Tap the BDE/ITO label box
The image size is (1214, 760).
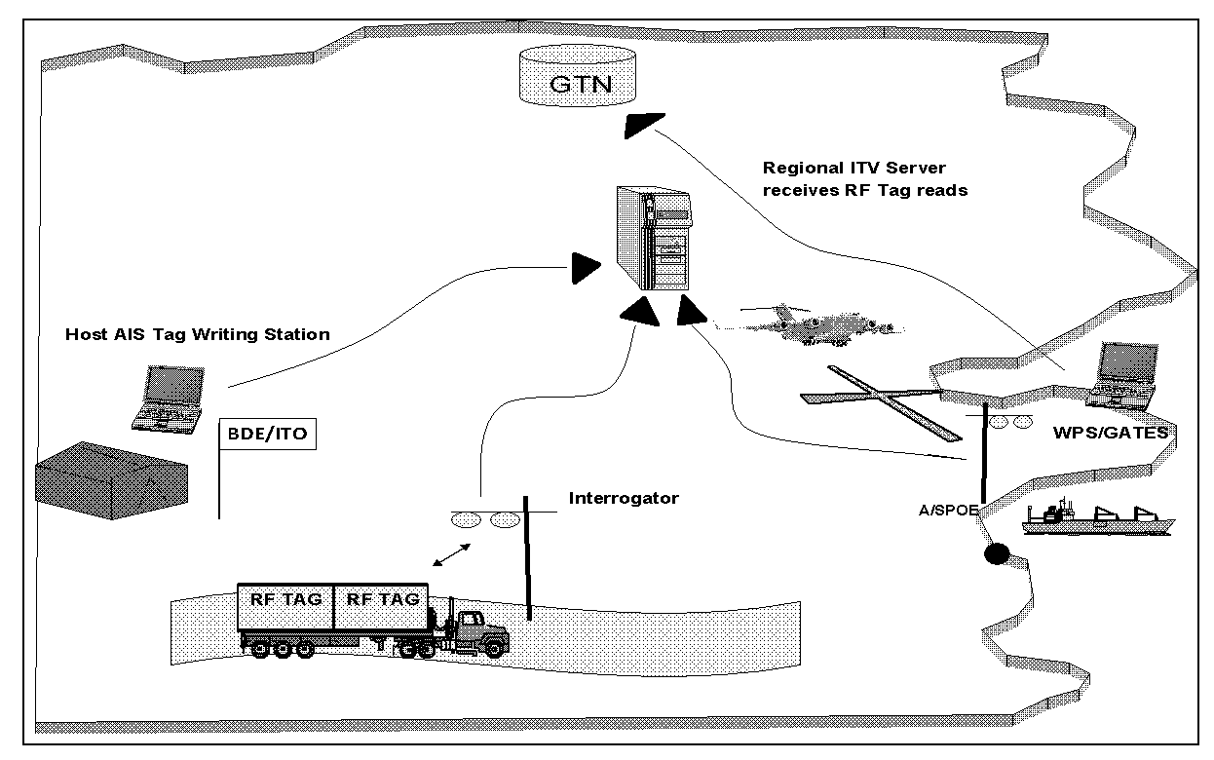click(268, 434)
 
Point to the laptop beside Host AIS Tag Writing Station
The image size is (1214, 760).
click(170, 399)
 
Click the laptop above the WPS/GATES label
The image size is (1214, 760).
click(1126, 374)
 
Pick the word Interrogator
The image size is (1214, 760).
click(624, 499)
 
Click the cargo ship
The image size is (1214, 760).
click(1097, 518)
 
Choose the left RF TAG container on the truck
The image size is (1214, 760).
click(285, 607)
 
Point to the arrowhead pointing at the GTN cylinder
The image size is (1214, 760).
click(643, 124)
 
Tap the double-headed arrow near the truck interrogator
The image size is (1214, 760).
click(452, 553)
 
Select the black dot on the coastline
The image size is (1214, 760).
click(995, 554)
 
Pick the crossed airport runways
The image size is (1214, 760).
click(873, 399)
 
